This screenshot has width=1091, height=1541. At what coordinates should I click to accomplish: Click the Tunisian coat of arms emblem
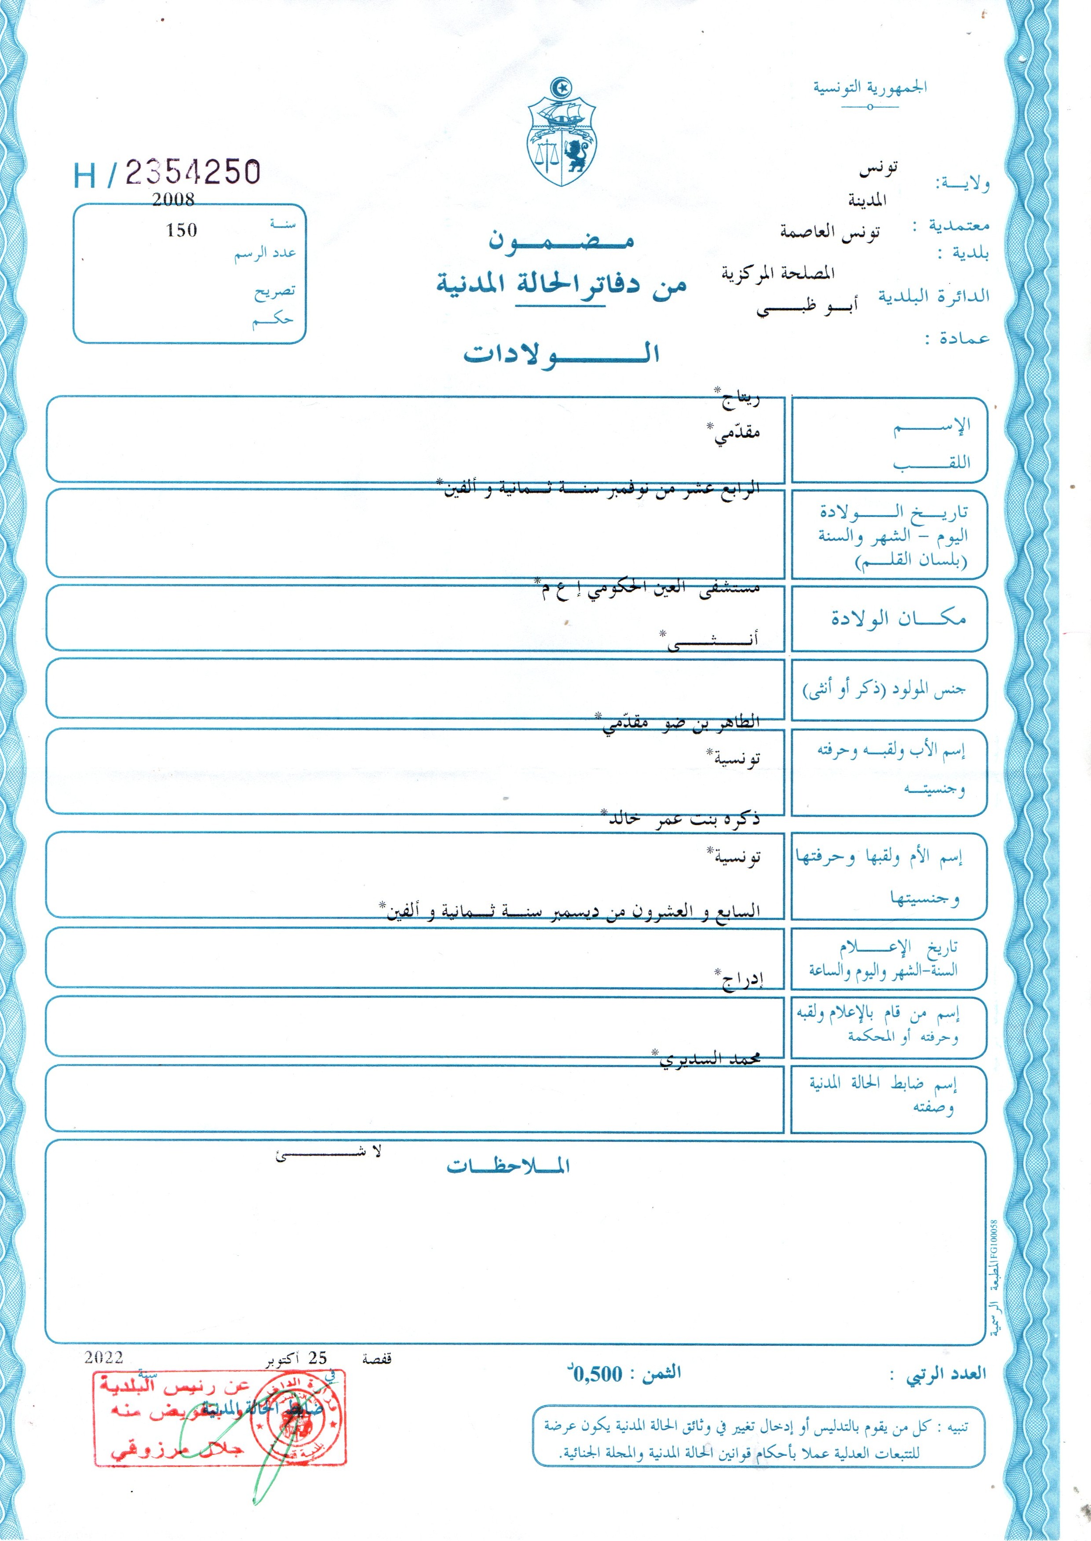click(563, 133)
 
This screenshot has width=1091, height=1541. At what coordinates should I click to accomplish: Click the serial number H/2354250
click(167, 173)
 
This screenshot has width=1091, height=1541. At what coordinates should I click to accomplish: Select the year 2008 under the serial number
click(173, 200)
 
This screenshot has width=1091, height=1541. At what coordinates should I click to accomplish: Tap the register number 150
click(181, 230)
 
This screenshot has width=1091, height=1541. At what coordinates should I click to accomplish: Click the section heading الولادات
click(561, 353)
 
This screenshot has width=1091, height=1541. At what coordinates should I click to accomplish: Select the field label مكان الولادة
click(898, 618)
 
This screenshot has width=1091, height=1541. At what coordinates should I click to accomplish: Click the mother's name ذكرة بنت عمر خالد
click(684, 818)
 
